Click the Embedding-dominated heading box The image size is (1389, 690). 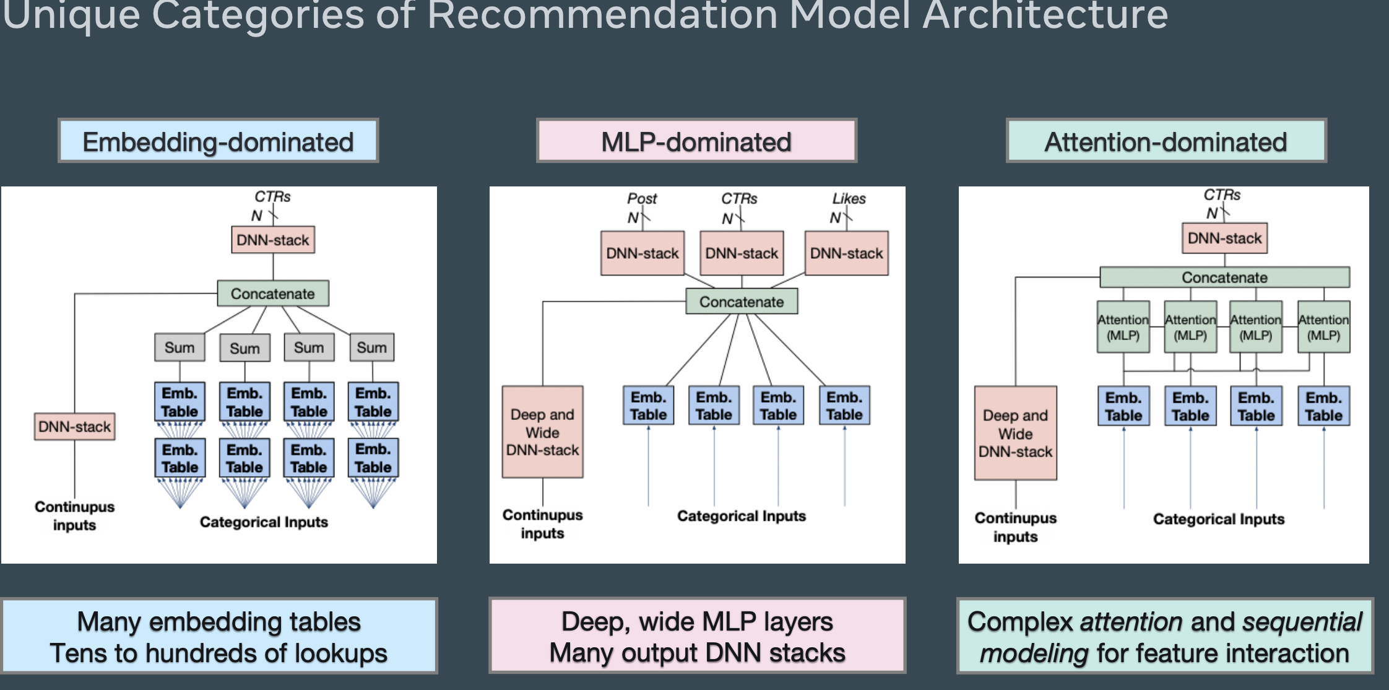(218, 141)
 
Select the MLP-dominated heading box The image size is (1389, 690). (696, 141)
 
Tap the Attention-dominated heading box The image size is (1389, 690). (1166, 141)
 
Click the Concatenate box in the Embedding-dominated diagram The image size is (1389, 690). (272, 294)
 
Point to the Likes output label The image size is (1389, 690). (849, 199)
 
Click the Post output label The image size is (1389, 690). (642, 199)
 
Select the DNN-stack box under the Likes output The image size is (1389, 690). (846, 253)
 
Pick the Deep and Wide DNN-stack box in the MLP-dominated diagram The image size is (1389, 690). (542, 432)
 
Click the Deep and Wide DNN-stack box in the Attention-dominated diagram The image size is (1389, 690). (1015, 434)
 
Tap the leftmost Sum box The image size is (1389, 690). (180, 347)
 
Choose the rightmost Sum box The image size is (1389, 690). (371, 347)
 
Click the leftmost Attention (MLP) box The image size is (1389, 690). (1123, 327)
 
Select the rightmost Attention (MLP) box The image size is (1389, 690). (1323, 327)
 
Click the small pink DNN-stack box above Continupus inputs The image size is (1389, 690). (74, 426)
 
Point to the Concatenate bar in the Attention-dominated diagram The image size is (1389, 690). (1224, 277)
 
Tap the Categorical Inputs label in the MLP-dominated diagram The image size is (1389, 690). (741, 516)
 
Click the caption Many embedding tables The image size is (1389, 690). (219, 622)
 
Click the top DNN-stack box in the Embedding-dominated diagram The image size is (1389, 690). (272, 240)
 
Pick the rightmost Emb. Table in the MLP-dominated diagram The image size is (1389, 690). (844, 406)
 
